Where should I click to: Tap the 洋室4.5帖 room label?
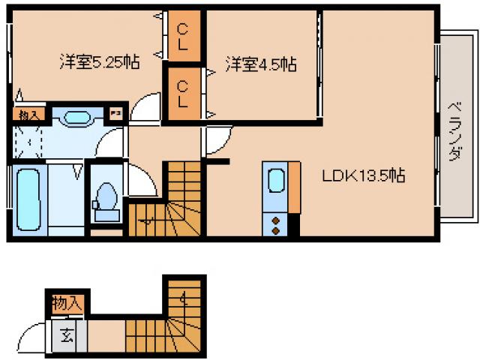(260, 64)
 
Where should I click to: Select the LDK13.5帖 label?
(364, 177)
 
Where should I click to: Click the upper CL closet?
(183, 38)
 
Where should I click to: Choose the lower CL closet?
(183, 94)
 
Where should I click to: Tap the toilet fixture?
(106, 198)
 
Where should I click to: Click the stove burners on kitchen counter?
(275, 224)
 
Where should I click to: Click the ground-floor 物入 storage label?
(67, 304)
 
